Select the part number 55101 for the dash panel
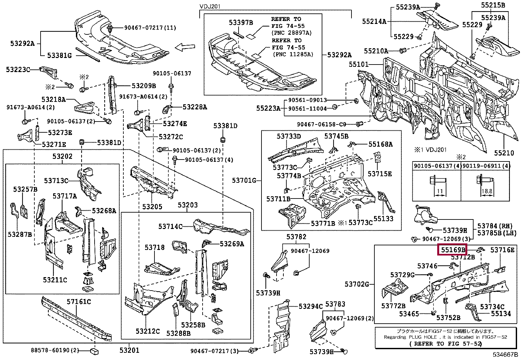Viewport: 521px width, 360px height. tap(358, 65)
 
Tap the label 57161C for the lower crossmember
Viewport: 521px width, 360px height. tap(79, 302)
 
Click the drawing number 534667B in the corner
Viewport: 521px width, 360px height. tap(506, 355)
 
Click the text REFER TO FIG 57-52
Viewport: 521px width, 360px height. tap(445, 344)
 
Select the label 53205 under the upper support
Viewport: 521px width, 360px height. tap(152, 207)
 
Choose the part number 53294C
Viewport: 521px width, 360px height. tap(311, 306)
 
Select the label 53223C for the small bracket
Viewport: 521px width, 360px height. tap(18, 69)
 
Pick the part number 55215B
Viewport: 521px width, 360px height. tap(493, 5)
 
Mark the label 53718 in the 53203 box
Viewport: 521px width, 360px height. tap(154, 247)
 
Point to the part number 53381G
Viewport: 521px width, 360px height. tap(59, 55)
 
